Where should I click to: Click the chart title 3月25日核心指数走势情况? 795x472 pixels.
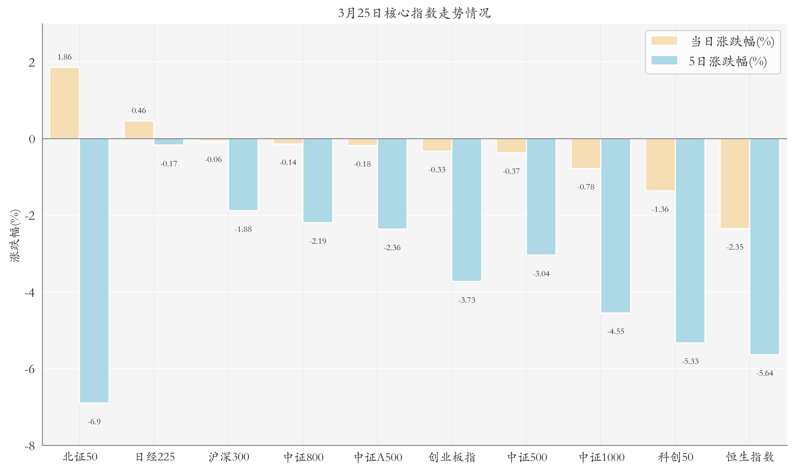[414, 13]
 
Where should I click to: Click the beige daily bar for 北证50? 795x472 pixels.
[65, 103]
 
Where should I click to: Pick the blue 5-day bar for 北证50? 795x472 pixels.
[94, 270]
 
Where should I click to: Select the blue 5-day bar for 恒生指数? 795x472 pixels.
[765, 246]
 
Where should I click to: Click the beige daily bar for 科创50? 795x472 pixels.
[660, 164]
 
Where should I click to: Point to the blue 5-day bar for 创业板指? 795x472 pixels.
[467, 210]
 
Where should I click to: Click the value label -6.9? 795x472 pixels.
[94, 422]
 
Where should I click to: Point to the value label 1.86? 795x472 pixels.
[65, 57]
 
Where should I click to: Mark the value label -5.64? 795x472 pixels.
[765, 373]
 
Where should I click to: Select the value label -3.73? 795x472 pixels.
[467, 300]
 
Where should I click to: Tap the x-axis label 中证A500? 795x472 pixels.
[378, 457]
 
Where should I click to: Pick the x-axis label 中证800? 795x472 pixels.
[303, 457]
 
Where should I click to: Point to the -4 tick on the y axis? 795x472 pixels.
[30, 292]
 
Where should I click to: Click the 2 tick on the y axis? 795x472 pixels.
[32, 63]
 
